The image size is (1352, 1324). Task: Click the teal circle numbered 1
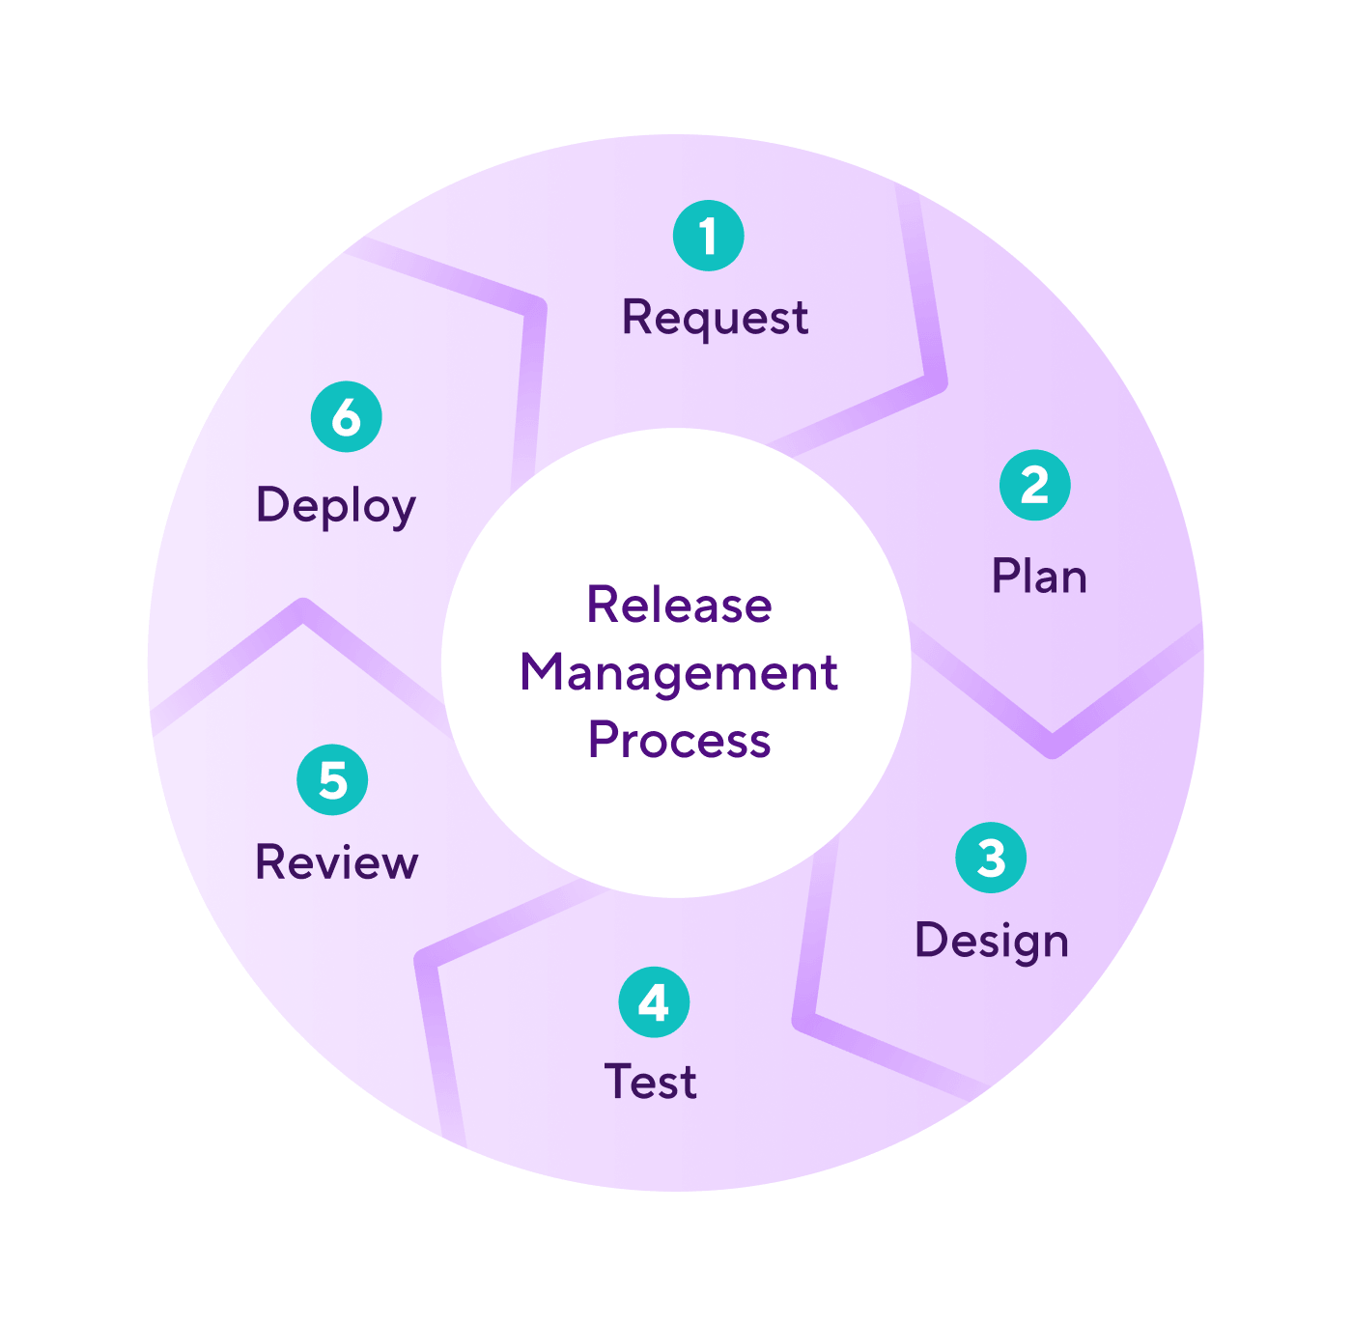click(708, 236)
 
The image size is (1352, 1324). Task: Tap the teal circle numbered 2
click(1034, 485)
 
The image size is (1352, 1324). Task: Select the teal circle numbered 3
click(991, 858)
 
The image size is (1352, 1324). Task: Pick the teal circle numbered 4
click(654, 1001)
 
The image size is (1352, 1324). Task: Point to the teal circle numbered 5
click(332, 779)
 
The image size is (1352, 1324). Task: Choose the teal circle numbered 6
click(346, 417)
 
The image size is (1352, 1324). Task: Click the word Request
click(715, 318)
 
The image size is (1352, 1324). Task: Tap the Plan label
click(1039, 577)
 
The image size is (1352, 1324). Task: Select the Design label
click(992, 941)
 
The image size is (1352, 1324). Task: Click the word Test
click(650, 1082)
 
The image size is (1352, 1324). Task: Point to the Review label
click(336, 862)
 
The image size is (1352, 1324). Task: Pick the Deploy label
click(335, 506)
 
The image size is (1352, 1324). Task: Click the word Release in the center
click(679, 606)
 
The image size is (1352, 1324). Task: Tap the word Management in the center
click(679, 672)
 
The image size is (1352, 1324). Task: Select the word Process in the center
click(679, 741)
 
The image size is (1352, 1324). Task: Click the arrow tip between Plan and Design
click(1053, 746)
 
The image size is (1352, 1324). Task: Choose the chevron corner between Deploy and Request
click(535, 307)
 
